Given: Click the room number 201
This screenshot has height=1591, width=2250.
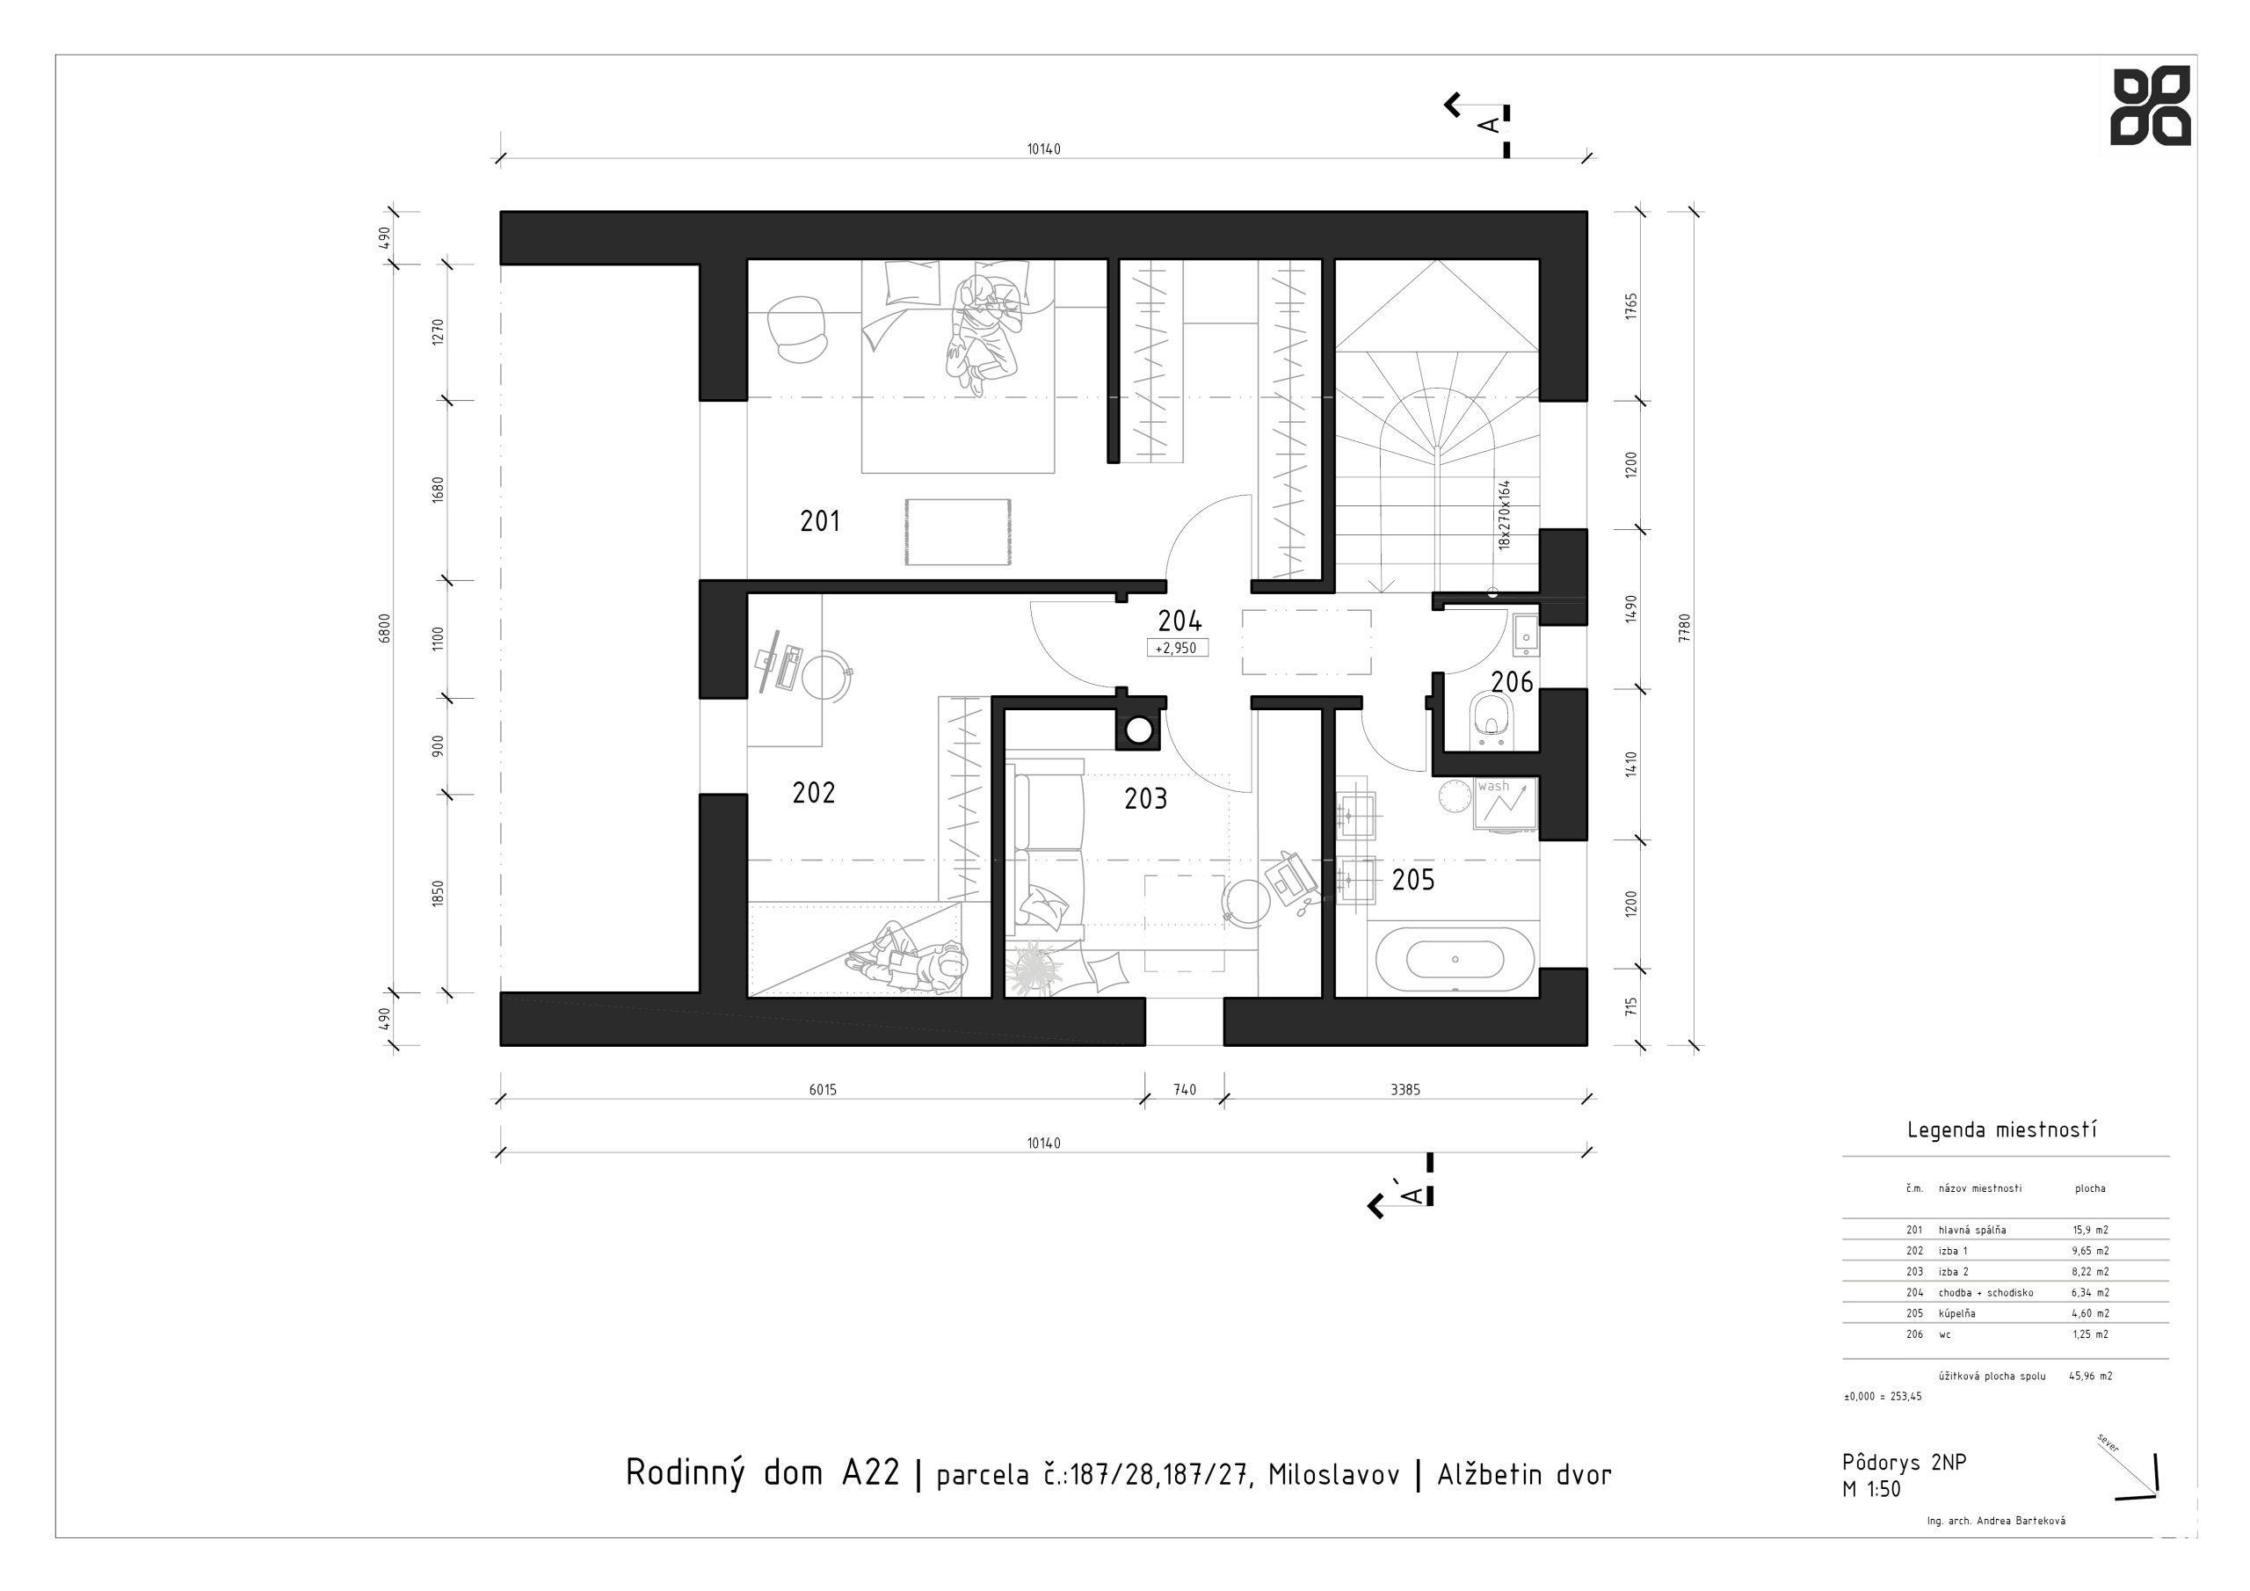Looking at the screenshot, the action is coord(820,521).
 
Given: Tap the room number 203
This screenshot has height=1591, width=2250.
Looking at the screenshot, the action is coord(1145,799).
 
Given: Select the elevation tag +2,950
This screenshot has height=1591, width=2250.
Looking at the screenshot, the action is coord(1176,648).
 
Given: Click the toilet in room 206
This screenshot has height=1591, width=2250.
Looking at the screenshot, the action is coord(1492,722).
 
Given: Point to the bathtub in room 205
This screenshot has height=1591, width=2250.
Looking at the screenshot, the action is coord(1455,960).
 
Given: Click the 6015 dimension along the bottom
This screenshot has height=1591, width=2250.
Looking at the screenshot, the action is coord(824,1089).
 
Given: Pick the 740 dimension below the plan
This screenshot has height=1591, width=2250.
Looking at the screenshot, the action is coord(1185,1089).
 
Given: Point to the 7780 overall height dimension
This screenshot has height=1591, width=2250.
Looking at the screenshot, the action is coord(1685,628).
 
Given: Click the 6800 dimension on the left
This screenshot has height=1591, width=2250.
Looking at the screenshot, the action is coord(385,628).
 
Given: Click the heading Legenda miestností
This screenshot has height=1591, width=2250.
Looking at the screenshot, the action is coord(2002,1130).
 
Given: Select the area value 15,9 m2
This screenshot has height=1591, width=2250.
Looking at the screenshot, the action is coord(2090,1229).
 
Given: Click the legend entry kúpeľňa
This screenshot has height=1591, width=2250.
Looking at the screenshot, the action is coord(1956,1312).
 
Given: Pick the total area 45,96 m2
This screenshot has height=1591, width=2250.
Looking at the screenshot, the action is coord(2090,1376).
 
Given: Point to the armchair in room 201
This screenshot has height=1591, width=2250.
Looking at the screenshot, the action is coord(795,331).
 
